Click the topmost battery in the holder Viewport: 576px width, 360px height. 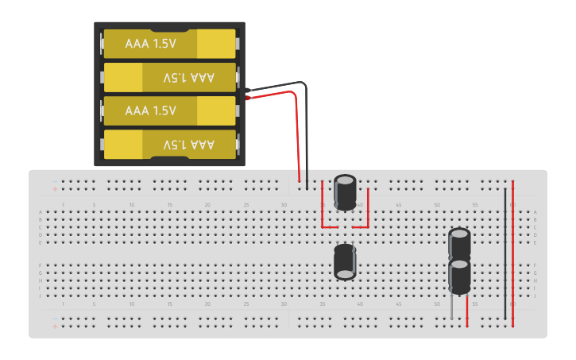(169, 44)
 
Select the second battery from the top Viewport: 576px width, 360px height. (169, 77)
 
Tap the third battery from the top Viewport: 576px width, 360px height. (169, 110)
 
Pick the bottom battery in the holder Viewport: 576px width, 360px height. (169, 144)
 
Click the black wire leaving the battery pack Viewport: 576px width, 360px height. (307, 135)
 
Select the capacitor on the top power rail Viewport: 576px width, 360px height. (346, 192)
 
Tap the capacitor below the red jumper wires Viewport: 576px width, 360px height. (345, 261)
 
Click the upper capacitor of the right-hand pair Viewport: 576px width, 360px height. (459, 243)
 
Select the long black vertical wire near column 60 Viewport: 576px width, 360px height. (505, 254)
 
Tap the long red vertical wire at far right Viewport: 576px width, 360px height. (513, 254)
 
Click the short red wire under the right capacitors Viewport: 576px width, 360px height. (467, 311)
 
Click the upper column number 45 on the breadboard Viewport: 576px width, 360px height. (398, 205)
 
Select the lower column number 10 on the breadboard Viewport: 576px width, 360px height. (132, 304)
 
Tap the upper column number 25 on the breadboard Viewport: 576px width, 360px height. (246, 205)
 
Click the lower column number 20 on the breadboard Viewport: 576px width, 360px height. (208, 304)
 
